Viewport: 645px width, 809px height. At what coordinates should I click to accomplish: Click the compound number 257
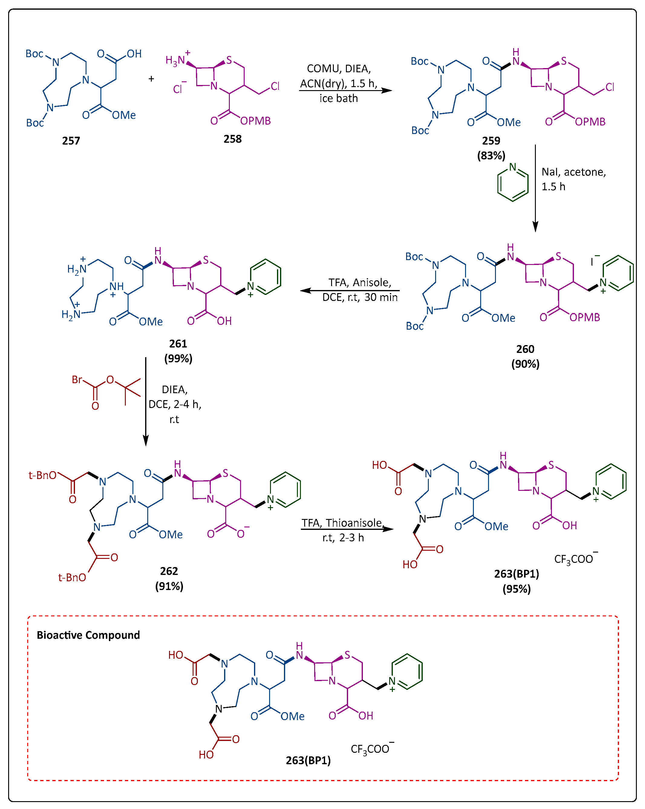tap(71, 141)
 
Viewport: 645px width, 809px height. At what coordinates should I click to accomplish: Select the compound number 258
tap(232, 139)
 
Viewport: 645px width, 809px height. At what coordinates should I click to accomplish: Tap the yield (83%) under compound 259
tap(491, 155)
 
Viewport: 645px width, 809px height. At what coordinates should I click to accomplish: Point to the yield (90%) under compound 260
tap(525, 364)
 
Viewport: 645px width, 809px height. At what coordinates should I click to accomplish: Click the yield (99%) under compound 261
tap(178, 358)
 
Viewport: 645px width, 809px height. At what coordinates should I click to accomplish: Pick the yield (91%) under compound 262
tap(169, 586)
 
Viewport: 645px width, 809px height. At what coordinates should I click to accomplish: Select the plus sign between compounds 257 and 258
tap(151, 79)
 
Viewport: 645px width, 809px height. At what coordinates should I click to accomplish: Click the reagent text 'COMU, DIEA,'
tap(338, 69)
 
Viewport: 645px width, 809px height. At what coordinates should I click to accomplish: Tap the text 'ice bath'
tap(338, 98)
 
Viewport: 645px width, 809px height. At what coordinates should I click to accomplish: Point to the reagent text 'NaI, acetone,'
tap(573, 172)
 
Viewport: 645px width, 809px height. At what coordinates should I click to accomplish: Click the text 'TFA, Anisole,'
tap(360, 282)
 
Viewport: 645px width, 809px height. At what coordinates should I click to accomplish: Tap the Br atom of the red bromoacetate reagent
tap(77, 380)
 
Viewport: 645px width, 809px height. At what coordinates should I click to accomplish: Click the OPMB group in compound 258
tap(255, 121)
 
